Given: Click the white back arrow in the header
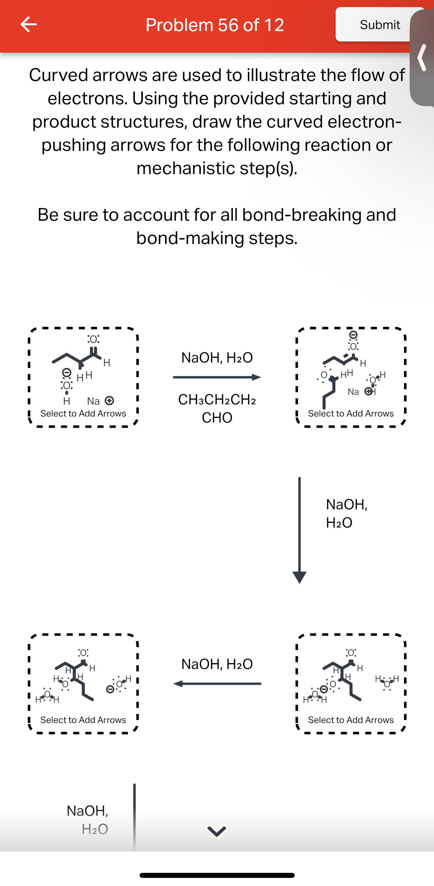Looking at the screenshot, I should coord(28,24).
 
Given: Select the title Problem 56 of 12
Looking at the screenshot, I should coord(215,25).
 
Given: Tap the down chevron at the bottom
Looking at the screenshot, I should coord(216,831).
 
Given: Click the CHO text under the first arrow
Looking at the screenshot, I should coord(217,418).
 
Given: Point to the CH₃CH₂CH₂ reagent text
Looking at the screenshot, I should coord(217,400).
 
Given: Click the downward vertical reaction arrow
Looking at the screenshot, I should coord(299,530).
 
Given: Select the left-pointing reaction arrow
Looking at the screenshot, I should coord(217,684).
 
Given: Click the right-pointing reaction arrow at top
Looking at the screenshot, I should coord(217,377).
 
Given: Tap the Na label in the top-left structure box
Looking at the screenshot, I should coord(93,401).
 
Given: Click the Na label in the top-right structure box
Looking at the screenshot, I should coord(354,392).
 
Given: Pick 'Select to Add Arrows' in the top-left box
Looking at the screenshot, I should coord(83,413).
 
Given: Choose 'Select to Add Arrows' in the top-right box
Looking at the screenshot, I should coord(351,413).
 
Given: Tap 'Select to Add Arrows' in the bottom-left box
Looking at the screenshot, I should coord(83,720).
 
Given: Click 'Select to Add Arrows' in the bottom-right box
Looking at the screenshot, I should coord(351,720).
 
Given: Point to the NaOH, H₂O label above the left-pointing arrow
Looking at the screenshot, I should coord(217,664).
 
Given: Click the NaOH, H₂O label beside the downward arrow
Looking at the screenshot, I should coord(346,513).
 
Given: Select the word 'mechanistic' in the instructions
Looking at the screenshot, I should coord(185,168).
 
